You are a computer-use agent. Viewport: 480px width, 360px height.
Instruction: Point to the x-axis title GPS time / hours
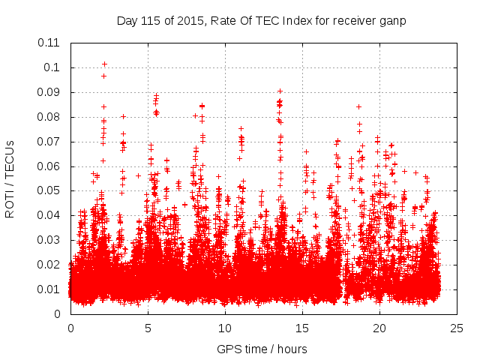click(x=262, y=349)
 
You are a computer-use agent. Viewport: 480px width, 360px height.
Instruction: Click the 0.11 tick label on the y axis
click(x=50, y=43)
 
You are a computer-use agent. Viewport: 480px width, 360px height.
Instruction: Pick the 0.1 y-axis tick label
click(x=54, y=67)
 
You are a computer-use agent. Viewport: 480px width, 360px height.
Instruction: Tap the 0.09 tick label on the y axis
click(x=50, y=92)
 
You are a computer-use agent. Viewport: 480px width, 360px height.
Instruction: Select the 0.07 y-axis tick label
click(x=50, y=141)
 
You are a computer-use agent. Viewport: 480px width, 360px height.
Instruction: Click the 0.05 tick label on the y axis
click(x=50, y=190)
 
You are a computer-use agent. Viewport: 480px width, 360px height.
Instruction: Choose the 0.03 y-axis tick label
click(x=50, y=240)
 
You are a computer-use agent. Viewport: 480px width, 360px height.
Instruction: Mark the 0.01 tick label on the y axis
click(x=50, y=289)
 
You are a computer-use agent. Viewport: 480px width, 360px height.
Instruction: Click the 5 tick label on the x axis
click(x=148, y=328)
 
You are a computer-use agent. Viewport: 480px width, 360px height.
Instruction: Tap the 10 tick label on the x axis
click(x=225, y=328)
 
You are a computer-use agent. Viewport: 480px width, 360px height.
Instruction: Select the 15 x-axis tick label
click(x=302, y=328)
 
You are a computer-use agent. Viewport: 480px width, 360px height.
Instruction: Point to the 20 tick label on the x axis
click(x=379, y=328)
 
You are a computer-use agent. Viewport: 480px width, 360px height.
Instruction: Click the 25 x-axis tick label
click(x=457, y=328)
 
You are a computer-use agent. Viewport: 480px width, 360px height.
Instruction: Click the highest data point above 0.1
click(x=104, y=64)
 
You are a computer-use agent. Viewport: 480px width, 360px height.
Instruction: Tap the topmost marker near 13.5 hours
click(x=280, y=91)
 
